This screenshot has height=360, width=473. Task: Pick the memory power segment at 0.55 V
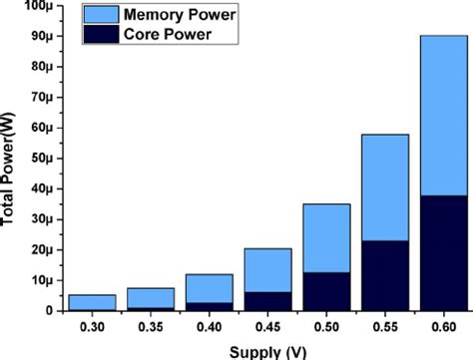[383, 187]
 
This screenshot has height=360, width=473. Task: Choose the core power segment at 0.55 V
[383, 275]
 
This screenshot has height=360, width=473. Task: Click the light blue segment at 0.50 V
[326, 238]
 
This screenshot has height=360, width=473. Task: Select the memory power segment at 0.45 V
[268, 270]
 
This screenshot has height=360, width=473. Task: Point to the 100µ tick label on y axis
[39, 6]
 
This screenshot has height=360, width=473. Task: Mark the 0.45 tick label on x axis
[268, 326]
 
